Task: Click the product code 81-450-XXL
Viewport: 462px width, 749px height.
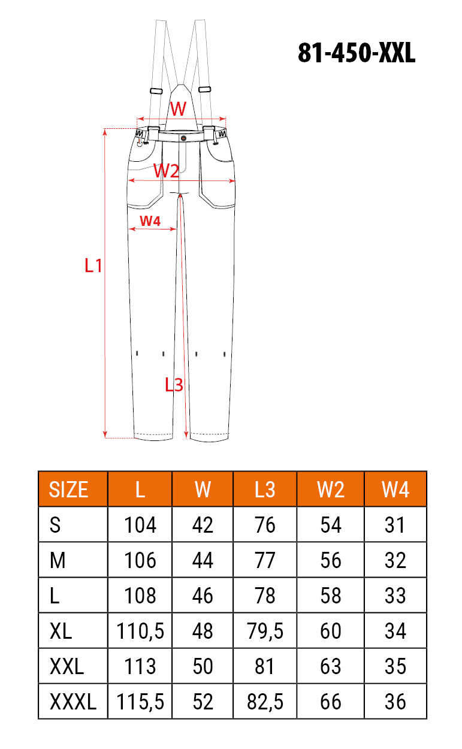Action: [357, 53]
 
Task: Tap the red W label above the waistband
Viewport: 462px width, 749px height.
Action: [178, 108]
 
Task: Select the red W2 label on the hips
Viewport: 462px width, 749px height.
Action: [166, 171]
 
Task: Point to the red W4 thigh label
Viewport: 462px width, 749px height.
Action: [150, 221]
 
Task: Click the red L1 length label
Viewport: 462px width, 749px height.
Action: [93, 266]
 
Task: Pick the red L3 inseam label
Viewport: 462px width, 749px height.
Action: [174, 385]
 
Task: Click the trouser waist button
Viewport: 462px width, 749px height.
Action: [183, 138]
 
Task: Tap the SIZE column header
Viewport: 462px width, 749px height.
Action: [68, 490]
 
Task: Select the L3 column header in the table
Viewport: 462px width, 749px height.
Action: [265, 490]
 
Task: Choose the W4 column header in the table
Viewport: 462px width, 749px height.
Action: [395, 490]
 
